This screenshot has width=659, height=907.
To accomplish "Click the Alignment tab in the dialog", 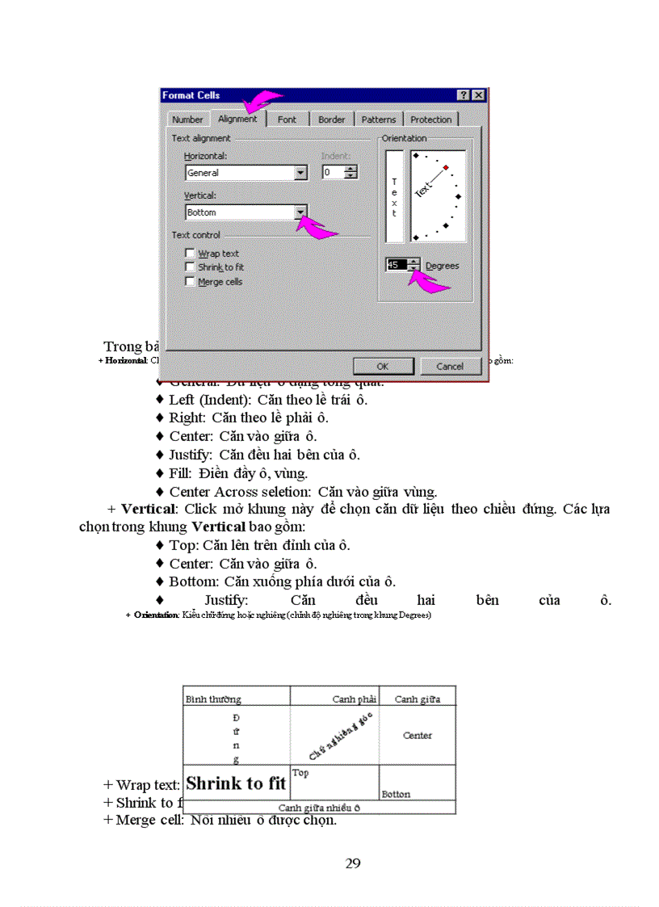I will [237, 119].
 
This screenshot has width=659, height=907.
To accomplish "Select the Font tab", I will [287, 120].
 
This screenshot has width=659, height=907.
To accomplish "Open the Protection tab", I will [430, 120].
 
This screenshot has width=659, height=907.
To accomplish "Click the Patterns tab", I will [378, 120].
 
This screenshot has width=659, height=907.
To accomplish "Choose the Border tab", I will [331, 120].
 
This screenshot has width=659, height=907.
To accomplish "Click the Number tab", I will [187, 120].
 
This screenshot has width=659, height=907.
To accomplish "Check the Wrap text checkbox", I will [190, 254].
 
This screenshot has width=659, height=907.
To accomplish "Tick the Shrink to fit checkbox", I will [190, 267].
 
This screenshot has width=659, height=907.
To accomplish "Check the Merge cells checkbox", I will [190, 282].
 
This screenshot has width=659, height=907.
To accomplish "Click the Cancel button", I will [450, 366].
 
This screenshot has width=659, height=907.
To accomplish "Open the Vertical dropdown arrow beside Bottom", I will [300, 212].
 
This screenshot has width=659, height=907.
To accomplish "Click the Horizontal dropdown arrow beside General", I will [300, 173].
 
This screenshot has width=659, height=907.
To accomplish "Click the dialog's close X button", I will [478, 95].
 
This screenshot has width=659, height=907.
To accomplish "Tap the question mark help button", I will [464, 95].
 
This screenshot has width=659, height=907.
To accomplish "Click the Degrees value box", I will [397, 265].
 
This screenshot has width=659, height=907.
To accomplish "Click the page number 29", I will [353, 863].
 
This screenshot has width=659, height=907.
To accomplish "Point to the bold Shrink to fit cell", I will [236, 783].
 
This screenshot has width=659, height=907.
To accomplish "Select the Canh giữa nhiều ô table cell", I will [319, 807].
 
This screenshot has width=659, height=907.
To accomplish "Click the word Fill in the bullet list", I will [180, 473].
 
